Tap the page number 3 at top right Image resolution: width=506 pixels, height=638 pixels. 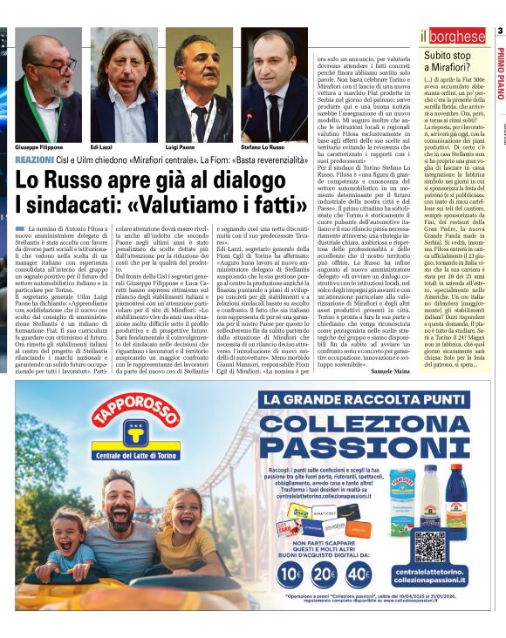point(500,31)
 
